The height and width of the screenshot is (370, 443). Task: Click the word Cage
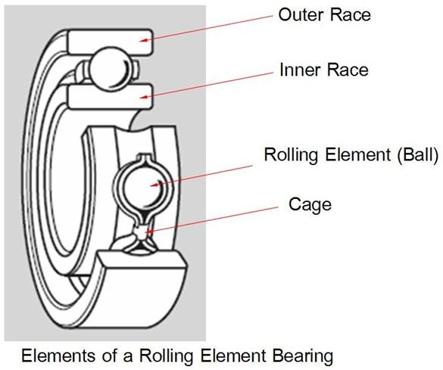coord(310,204)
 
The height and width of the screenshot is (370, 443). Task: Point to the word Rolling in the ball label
coord(292,154)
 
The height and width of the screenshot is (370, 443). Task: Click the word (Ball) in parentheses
coord(417,154)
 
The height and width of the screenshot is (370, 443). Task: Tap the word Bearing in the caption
coord(303,356)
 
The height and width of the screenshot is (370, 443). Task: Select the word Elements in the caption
coord(58,356)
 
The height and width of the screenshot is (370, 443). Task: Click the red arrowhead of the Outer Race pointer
coord(144,40)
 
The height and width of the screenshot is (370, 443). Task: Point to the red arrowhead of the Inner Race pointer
coord(144,97)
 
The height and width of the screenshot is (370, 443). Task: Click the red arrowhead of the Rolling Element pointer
coord(154,185)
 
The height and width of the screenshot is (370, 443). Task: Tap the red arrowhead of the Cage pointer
coord(149,232)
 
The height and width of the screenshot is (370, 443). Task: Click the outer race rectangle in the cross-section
coord(111,42)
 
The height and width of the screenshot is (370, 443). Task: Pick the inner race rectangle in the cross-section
coord(111,97)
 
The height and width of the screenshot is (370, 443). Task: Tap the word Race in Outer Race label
coord(351,14)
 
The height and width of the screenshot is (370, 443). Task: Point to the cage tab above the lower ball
coord(145,157)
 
